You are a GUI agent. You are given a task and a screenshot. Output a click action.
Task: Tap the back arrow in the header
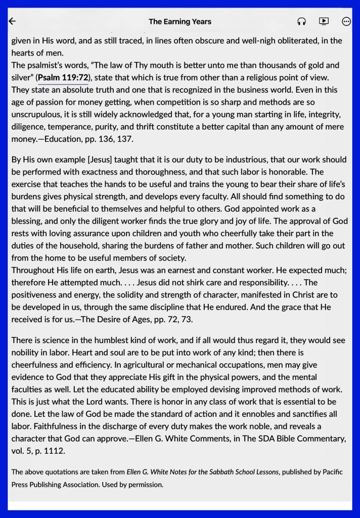coord(13,21)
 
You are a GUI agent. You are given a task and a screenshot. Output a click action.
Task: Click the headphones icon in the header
coord(301,21)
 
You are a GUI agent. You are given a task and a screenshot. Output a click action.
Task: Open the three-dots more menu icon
coord(346,21)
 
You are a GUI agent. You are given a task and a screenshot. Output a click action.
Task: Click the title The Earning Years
coord(180,22)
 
